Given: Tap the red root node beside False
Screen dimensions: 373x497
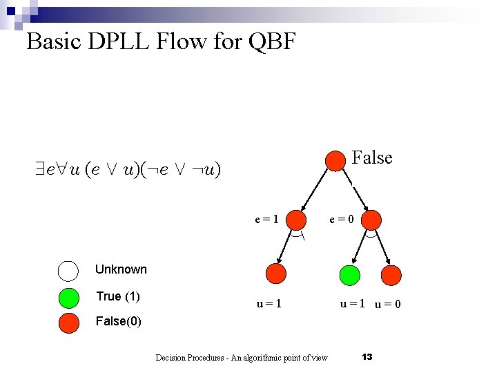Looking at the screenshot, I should pyautogui.click(x=335, y=160).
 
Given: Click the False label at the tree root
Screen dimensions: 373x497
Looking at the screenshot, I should pyautogui.click(x=372, y=158).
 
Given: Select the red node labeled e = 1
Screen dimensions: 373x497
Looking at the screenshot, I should pyautogui.click(x=297, y=220).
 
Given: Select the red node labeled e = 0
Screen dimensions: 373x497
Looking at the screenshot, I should pyautogui.click(x=371, y=220).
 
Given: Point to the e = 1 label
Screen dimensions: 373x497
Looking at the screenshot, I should pyautogui.click(x=266, y=220).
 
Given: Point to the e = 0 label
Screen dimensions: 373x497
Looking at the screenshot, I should pyautogui.click(x=342, y=220).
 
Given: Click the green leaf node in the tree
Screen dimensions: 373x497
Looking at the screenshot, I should pyautogui.click(x=350, y=274).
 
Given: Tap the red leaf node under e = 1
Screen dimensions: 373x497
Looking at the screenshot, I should pyautogui.click(x=276, y=274).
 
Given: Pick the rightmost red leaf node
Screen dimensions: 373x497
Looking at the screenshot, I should pyautogui.click(x=391, y=274).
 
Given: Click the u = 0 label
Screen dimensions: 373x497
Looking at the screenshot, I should pyautogui.click(x=388, y=305).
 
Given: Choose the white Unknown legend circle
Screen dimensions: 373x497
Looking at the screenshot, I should pyautogui.click(x=69, y=270).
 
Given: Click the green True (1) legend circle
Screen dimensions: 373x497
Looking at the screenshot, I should pyautogui.click(x=69, y=297).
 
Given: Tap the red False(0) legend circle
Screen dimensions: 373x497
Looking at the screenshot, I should pyautogui.click(x=69, y=323).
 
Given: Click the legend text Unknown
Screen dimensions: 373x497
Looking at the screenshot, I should pyautogui.click(x=121, y=269).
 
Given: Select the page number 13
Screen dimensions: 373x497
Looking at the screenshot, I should pyautogui.click(x=367, y=356).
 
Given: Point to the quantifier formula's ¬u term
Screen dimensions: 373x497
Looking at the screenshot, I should pyautogui.click(x=206, y=170).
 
